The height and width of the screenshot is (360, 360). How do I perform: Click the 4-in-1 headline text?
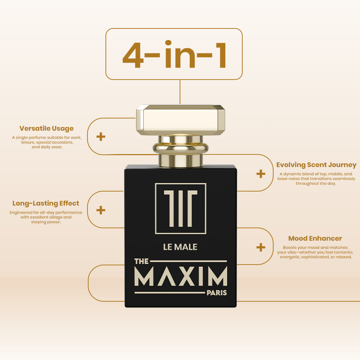click(x=175, y=54)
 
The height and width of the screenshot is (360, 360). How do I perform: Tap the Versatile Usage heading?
click(x=46, y=129)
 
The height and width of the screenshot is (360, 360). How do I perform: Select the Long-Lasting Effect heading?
click(x=46, y=203)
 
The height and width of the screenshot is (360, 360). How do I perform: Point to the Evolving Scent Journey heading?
click(x=316, y=165)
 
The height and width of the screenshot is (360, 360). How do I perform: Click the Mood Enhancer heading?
click(x=315, y=238)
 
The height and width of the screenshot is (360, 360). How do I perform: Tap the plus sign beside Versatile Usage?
click(x=100, y=136)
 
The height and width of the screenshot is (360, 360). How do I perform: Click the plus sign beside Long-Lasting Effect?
click(x=100, y=210)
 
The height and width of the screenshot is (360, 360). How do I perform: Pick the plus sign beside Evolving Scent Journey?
click(x=261, y=174)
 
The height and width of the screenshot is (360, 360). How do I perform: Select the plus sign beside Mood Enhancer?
click(x=261, y=247)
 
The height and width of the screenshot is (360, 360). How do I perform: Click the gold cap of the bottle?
click(x=180, y=120)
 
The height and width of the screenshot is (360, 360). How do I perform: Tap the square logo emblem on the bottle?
click(x=180, y=208)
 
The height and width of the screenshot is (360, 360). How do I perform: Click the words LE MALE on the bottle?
click(x=180, y=247)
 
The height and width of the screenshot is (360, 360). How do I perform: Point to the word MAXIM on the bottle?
click(x=181, y=276)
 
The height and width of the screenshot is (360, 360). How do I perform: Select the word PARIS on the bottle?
click(x=217, y=293)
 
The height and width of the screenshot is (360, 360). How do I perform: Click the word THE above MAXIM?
click(x=141, y=261)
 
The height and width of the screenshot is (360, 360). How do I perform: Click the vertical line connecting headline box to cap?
click(x=180, y=92)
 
